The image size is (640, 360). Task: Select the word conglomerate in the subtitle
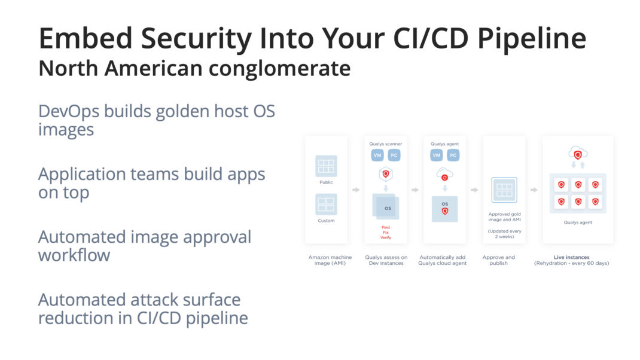[x=279, y=69]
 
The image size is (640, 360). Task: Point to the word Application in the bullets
[x=81, y=175]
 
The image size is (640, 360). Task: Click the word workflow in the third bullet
[x=74, y=255]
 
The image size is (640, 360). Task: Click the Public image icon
[x=326, y=166]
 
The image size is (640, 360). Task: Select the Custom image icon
[x=326, y=204]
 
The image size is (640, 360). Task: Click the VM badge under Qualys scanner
[x=377, y=155]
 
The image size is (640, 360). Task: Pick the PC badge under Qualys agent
[x=453, y=155]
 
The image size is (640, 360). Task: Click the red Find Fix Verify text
[x=386, y=232]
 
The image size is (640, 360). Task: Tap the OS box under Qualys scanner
[x=386, y=207]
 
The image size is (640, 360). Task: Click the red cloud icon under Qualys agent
[x=444, y=175]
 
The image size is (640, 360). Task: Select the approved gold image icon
[x=504, y=190]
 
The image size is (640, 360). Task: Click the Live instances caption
[x=571, y=257]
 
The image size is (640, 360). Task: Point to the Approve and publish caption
[x=498, y=260]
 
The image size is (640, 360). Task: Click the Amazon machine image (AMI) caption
[x=330, y=260]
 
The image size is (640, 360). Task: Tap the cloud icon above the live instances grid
[x=578, y=154]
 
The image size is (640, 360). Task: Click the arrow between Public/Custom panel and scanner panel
[x=356, y=190]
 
